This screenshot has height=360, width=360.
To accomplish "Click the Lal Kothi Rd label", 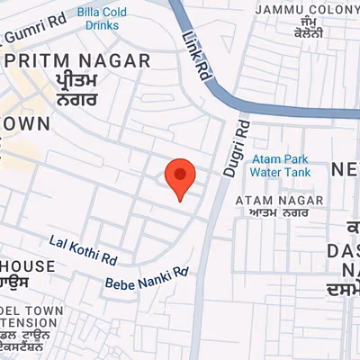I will tap(85, 249).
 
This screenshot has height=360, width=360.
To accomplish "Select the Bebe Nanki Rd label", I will tap(147, 278).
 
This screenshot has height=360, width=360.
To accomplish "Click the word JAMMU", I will tap(278, 9).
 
